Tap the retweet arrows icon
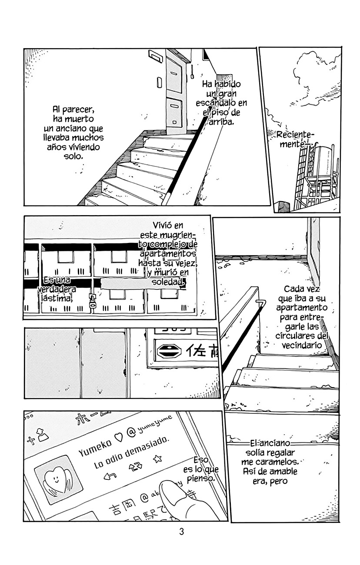coord(135,467)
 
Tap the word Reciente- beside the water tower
coord(294,135)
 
